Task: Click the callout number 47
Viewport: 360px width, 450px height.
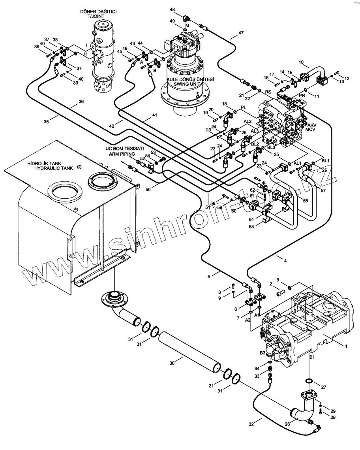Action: click(x=241, y=33)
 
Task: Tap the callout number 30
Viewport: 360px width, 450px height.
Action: click(x=172, y=363)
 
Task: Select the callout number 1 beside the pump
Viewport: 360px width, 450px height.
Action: click(x=346, y=346)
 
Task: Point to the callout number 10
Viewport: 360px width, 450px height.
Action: click(x=301, y=62)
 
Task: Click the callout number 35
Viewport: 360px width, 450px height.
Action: click(x=47, y=121)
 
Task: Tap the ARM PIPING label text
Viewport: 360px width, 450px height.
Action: click(x=122, y=154)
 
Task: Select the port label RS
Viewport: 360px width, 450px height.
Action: click(x=268, y=92)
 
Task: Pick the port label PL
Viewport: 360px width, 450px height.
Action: click(x=243, y=107)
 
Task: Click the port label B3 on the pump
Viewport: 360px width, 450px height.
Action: click(x=263, y=353)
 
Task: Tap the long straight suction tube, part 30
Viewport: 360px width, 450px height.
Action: click(x=189, y=353)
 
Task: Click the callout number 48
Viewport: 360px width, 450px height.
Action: click(x=172, y=10)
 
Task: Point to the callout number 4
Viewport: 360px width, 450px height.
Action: click(x=285, y=261)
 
